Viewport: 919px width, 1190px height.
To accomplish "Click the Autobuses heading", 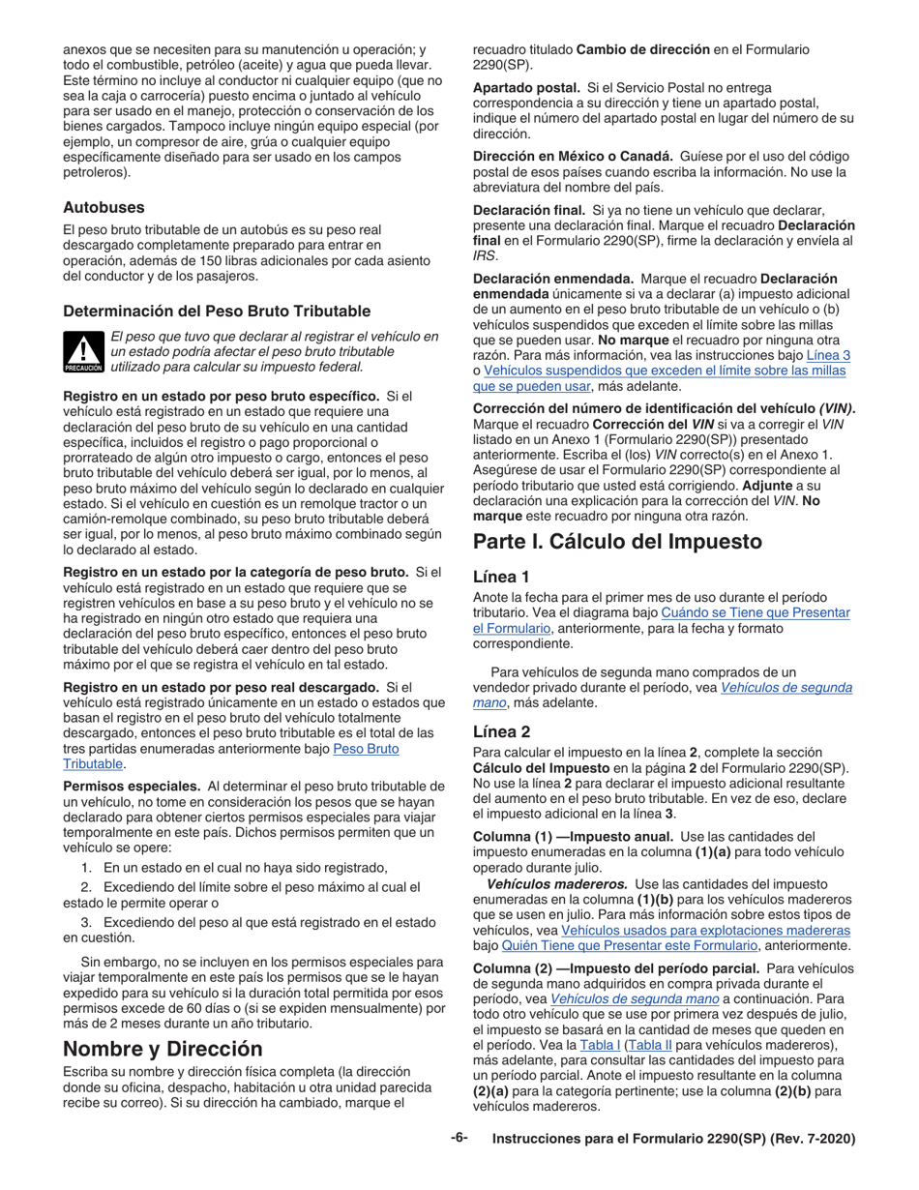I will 104,207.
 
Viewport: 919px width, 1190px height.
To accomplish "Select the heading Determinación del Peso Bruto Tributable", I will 216,311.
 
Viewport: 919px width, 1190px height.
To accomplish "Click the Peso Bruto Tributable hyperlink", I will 366,749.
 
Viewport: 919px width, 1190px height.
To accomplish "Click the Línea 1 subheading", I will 500,577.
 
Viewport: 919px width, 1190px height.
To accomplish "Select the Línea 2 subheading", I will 500,732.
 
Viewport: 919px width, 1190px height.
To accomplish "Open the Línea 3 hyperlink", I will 828,355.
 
